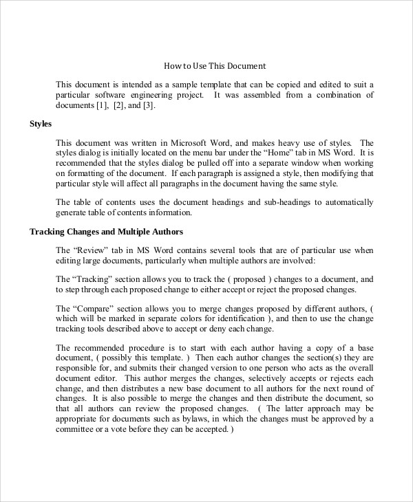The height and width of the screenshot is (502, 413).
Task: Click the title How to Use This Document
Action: pos(214,66)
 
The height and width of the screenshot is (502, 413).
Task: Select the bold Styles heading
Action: pos(41,123)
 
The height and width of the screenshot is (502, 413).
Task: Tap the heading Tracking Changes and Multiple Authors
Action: pos(106,232)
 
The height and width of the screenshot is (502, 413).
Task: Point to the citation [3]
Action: pos(148,105)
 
